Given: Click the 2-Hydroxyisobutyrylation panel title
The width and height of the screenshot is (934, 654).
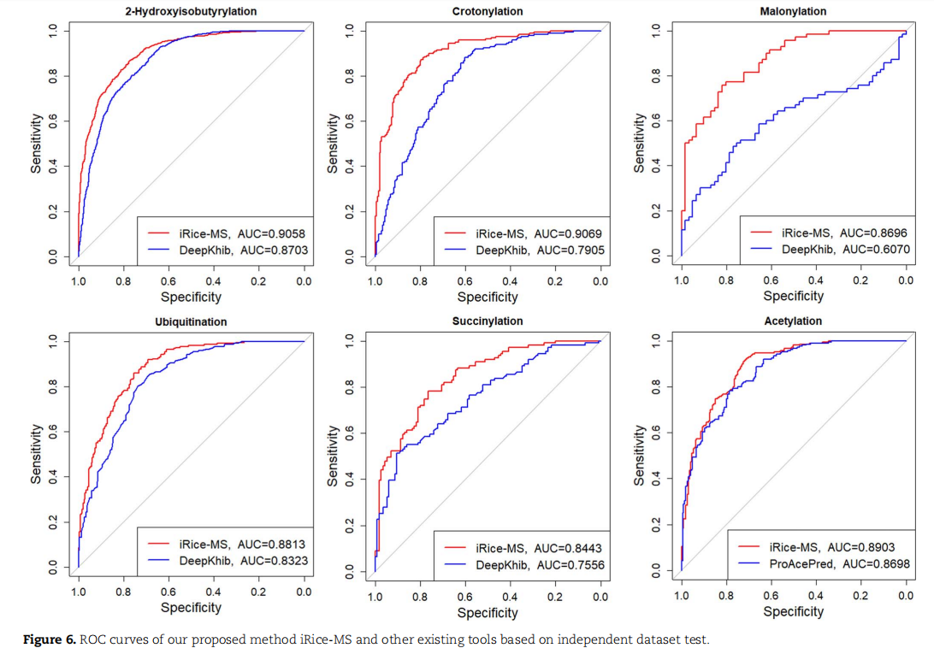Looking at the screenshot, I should point(191,11).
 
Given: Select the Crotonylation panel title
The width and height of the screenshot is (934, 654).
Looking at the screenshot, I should point(488,11).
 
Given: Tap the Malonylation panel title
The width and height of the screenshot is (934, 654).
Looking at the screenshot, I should point(793,11).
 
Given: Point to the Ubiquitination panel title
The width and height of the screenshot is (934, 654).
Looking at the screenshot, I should point(191,322).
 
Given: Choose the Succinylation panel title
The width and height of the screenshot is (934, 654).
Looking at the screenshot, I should point(488,321).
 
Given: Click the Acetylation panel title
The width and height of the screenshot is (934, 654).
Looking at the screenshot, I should point(793,321).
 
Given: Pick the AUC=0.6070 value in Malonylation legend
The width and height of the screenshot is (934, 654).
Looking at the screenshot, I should point(876,249).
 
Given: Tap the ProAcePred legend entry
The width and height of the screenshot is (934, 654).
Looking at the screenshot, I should point(803,564).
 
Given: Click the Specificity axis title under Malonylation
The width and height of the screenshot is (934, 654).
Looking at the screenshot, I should point(793,297).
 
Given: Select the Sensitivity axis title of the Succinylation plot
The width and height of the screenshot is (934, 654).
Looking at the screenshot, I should point(334,455).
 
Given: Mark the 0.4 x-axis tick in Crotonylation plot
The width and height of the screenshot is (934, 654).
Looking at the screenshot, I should point(510,281).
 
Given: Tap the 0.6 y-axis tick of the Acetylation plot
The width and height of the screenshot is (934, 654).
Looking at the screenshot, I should point(656,434).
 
